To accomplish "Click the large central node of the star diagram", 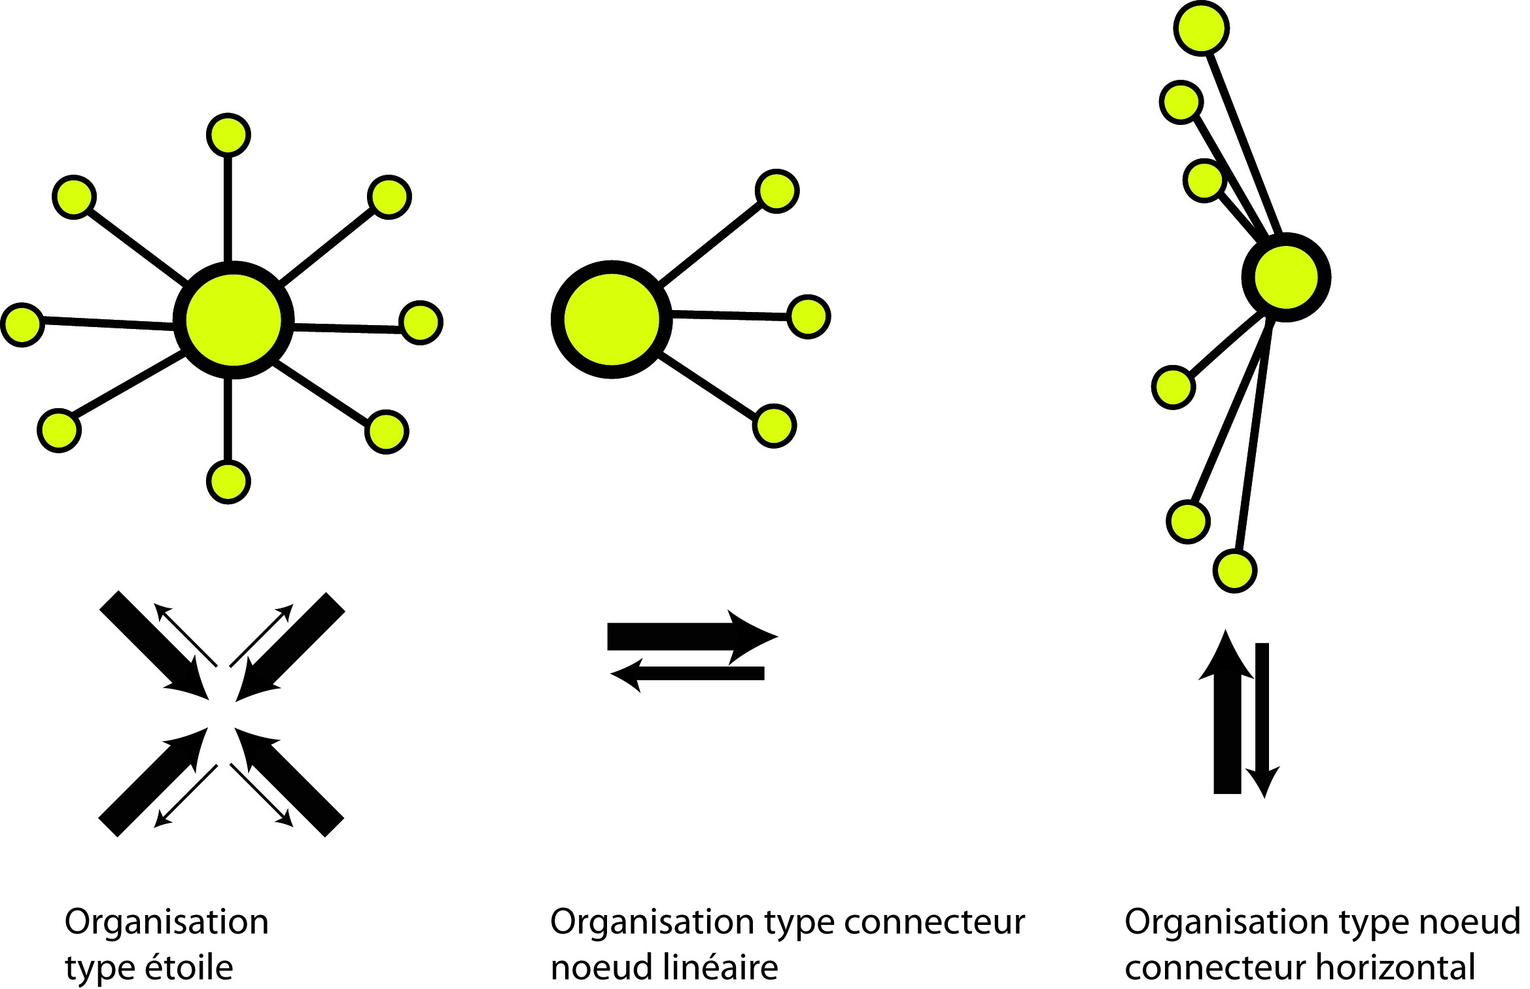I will (x=234, y=320).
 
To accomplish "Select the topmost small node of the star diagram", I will (x=228, y=135).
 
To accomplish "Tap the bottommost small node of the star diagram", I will (x=228, y=481).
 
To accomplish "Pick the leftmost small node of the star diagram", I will (x=23, y=324).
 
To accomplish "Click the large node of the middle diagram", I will (x=612, y=319).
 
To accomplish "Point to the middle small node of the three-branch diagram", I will (x=808, y=317).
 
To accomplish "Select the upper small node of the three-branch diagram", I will (x=777, y=191).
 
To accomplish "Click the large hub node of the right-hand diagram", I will (x=1286, y=277).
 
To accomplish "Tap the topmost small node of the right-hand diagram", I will (x=1202, y=28).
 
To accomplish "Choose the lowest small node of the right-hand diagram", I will (x=1235, y=571).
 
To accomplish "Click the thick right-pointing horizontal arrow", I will (x=687, y=636).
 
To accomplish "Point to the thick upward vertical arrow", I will (x=1227, y=720).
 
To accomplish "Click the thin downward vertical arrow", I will (x=1262, y=720).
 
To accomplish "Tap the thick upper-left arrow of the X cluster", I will (x=154, y=644).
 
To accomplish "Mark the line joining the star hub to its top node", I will (x=228, y=209).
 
